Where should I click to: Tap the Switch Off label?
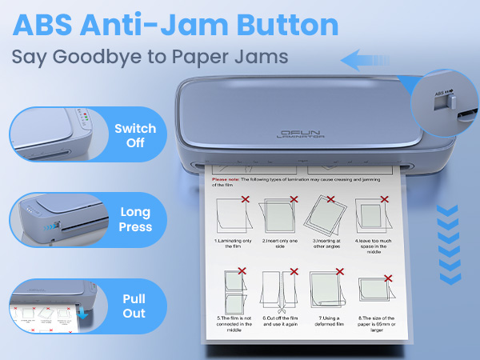(x=130, y=135)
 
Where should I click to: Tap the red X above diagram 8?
(x=390, y=278)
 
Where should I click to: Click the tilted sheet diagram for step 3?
(x=328, y=214)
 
